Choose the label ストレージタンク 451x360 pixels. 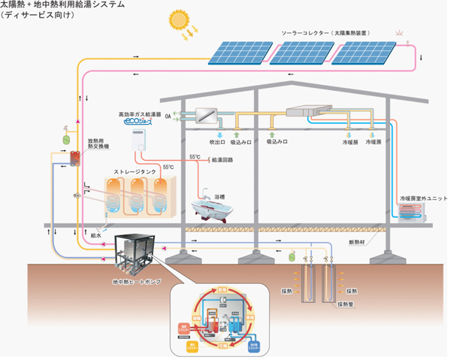point(135,170)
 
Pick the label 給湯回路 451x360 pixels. point(223,159)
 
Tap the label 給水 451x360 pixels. point(95,234)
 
